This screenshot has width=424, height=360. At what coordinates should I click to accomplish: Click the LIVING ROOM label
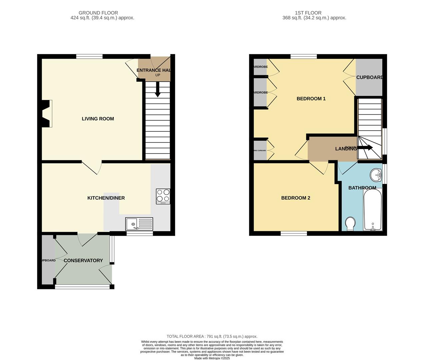click(98, 119)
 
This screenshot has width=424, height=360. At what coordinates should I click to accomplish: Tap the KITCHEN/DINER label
click(106, 198)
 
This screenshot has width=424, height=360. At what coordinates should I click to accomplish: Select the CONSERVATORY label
click(83, 260)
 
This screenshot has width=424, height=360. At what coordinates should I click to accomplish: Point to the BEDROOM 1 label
click(311, 99)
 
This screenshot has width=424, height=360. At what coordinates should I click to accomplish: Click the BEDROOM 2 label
click(296, 198)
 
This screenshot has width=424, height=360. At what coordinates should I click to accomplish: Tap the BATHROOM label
click(362, 188)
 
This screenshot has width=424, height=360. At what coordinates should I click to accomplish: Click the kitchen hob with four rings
click(163, 196)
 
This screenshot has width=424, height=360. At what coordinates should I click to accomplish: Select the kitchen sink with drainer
click(139, 224)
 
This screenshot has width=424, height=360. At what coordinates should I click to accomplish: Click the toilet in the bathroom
click(350, 224)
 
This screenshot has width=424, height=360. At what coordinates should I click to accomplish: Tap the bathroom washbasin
click(376, 174)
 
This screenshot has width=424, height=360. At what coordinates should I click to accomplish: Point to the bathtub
click(373, 209)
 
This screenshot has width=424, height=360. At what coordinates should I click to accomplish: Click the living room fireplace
click(47, 114)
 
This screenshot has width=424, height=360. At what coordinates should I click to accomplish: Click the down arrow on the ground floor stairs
click(158, 90)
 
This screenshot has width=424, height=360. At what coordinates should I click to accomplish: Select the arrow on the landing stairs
click(365, 148)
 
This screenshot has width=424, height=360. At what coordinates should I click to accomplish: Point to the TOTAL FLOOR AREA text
click(212, 336)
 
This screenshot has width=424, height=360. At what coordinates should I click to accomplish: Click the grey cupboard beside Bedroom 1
click(369, 77)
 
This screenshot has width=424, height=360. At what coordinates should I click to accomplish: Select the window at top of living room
click(89, 56)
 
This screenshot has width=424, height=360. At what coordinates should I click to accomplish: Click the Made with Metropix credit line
click(212, 358)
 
